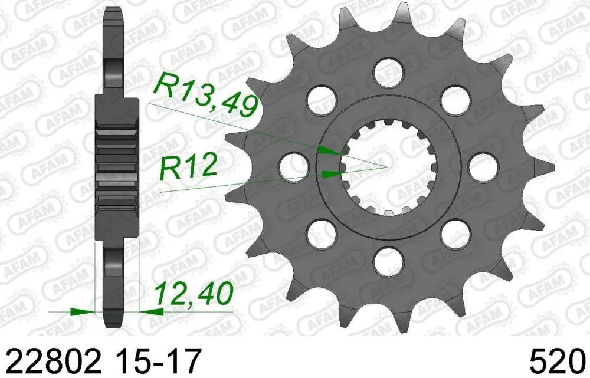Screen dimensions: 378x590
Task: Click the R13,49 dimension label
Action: [205, 94]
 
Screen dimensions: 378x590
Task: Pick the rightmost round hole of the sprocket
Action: [483, 166]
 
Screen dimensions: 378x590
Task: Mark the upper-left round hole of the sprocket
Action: [320, 97]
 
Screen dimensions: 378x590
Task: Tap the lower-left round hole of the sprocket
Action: [320, 232]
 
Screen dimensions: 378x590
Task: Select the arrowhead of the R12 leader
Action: [333, 173]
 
